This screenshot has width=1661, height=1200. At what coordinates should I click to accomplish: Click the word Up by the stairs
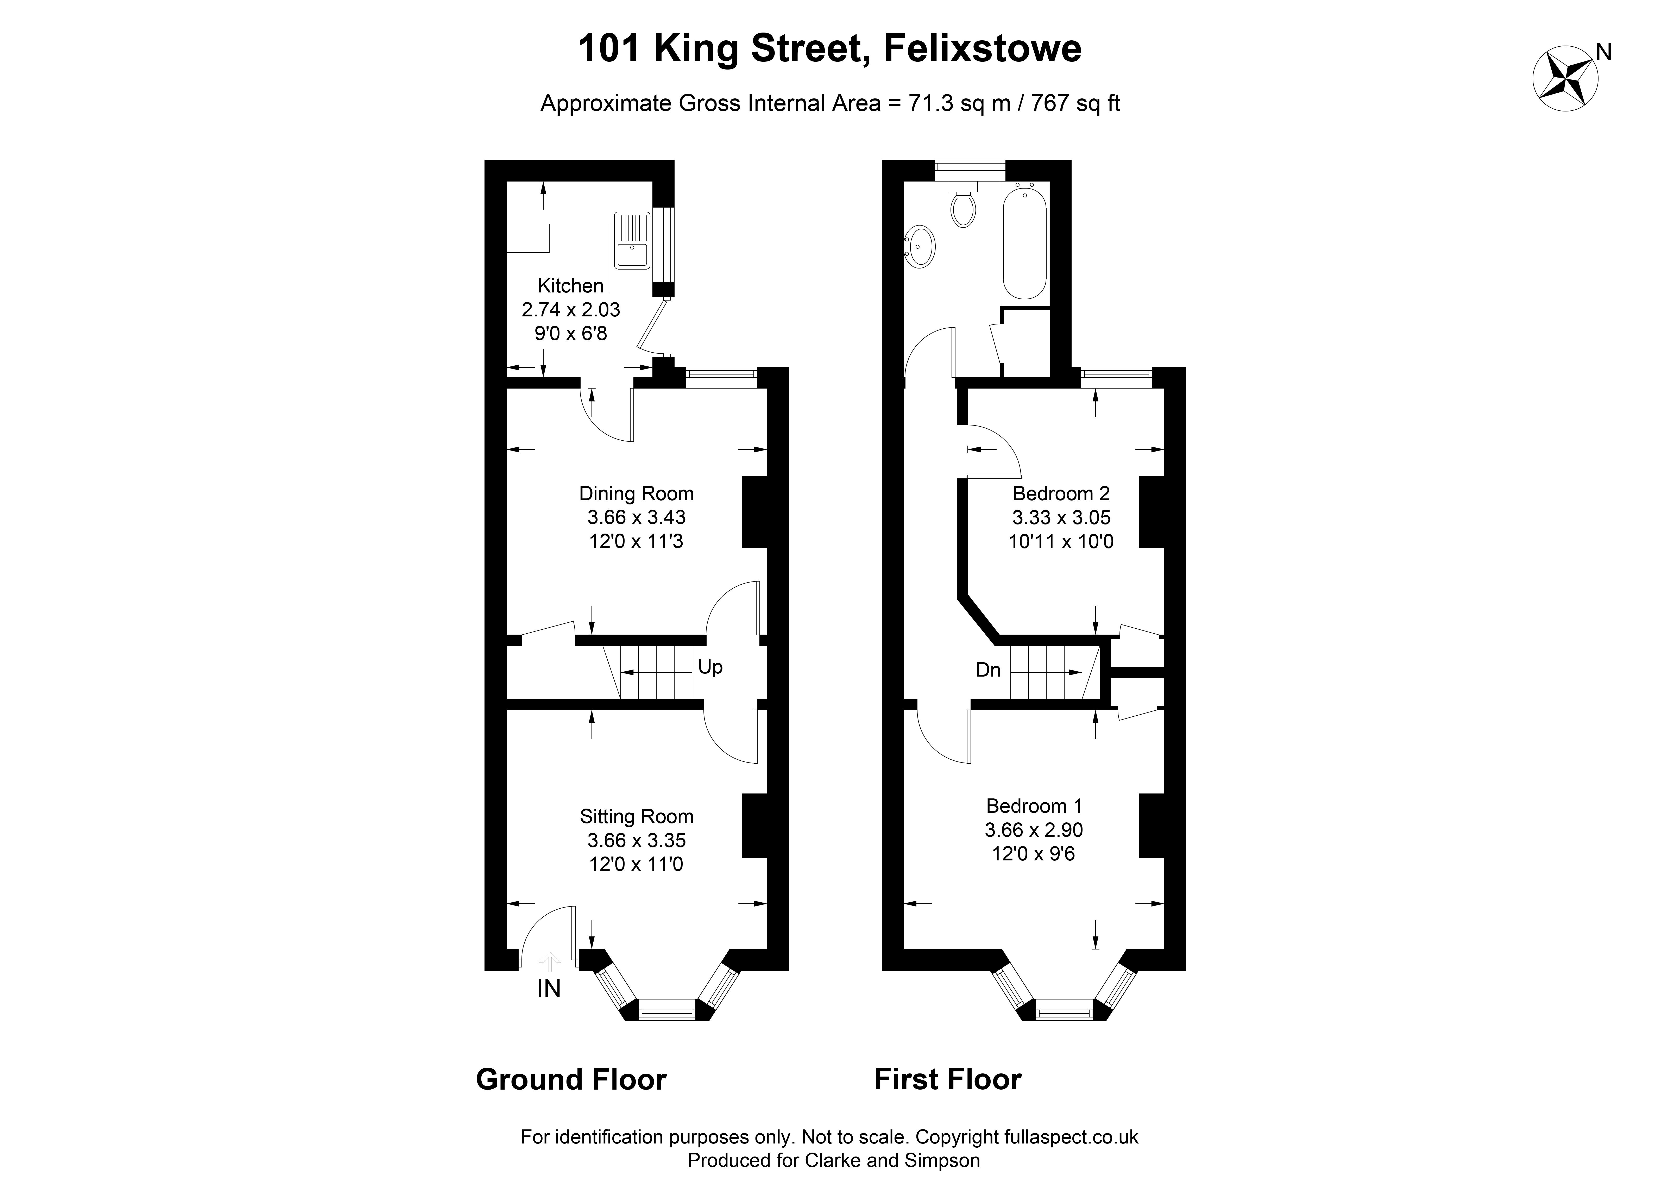(710, 667)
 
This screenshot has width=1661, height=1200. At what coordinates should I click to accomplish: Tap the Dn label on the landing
(988, 670)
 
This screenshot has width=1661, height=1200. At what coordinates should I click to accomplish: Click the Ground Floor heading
(571, 1080)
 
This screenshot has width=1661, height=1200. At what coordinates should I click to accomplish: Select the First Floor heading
(948, 1080)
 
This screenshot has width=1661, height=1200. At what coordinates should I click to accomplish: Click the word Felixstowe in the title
(982, 48)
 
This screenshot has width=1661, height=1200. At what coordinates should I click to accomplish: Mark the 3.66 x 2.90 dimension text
(1033, 830)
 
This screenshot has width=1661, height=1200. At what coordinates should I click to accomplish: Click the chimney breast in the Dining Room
(754, 512)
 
